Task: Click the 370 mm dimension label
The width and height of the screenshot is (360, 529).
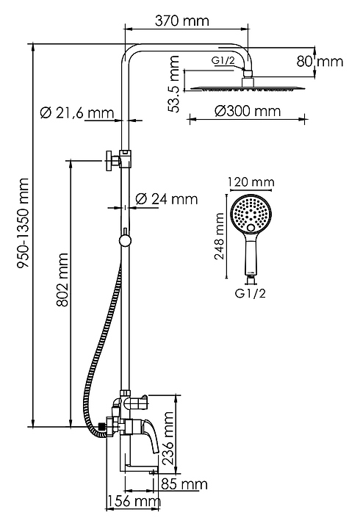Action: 182,21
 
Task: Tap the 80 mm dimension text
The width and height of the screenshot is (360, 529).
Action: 320,62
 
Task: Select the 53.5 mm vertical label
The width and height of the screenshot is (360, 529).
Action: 174,84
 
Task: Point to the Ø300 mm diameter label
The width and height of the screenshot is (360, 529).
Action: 248,111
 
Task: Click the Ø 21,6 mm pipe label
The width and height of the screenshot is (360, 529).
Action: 76,112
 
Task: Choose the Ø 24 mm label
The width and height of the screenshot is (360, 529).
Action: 166,198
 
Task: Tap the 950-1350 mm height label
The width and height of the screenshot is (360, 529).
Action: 24,223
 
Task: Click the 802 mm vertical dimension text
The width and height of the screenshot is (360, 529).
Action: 62,280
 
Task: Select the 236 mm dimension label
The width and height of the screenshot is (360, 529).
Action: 168,438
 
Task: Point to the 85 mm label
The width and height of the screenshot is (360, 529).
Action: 184,484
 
